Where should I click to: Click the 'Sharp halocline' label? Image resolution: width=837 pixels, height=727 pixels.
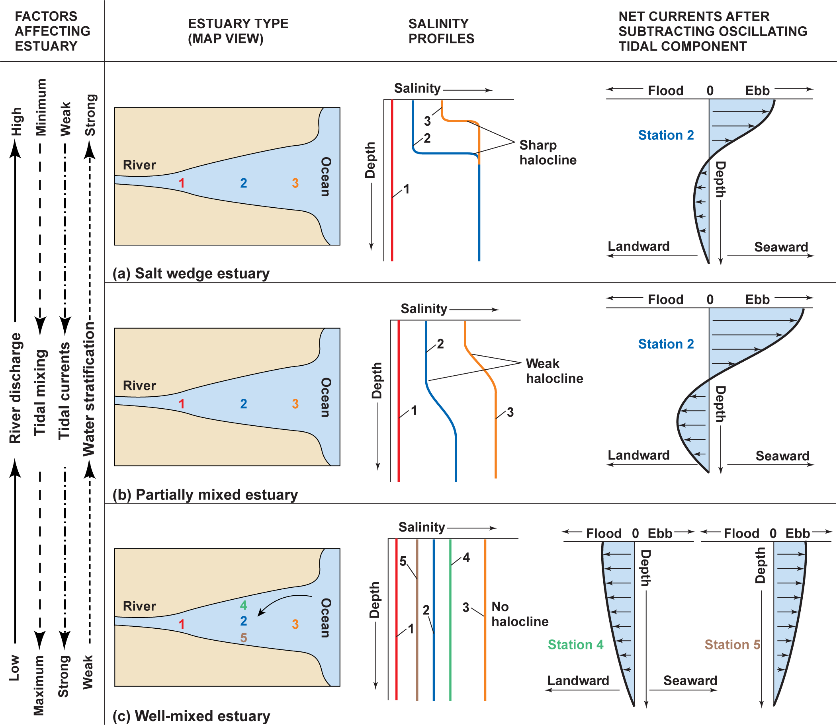548,152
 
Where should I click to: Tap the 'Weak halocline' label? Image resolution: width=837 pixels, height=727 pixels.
554,371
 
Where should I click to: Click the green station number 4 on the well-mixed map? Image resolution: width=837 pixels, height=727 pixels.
243,605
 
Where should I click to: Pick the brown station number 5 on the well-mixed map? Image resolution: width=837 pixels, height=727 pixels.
243,637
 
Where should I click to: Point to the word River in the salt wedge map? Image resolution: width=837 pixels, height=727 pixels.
139,165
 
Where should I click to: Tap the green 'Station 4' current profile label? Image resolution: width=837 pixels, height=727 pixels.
575,644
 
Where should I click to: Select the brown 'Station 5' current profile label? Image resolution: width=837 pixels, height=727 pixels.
732,644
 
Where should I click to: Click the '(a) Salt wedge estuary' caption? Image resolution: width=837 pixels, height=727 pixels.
191,273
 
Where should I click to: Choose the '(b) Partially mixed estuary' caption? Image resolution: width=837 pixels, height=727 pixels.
205,495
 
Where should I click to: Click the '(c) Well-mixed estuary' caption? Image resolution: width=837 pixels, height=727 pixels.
191,716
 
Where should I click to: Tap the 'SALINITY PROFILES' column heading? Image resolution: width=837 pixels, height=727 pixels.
441,31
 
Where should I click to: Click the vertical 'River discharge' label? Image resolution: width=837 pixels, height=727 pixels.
15,388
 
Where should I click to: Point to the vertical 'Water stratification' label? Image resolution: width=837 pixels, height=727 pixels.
88,390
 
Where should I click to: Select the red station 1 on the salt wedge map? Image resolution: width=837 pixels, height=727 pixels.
182,183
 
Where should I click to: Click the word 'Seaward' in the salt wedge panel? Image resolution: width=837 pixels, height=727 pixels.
780,247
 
